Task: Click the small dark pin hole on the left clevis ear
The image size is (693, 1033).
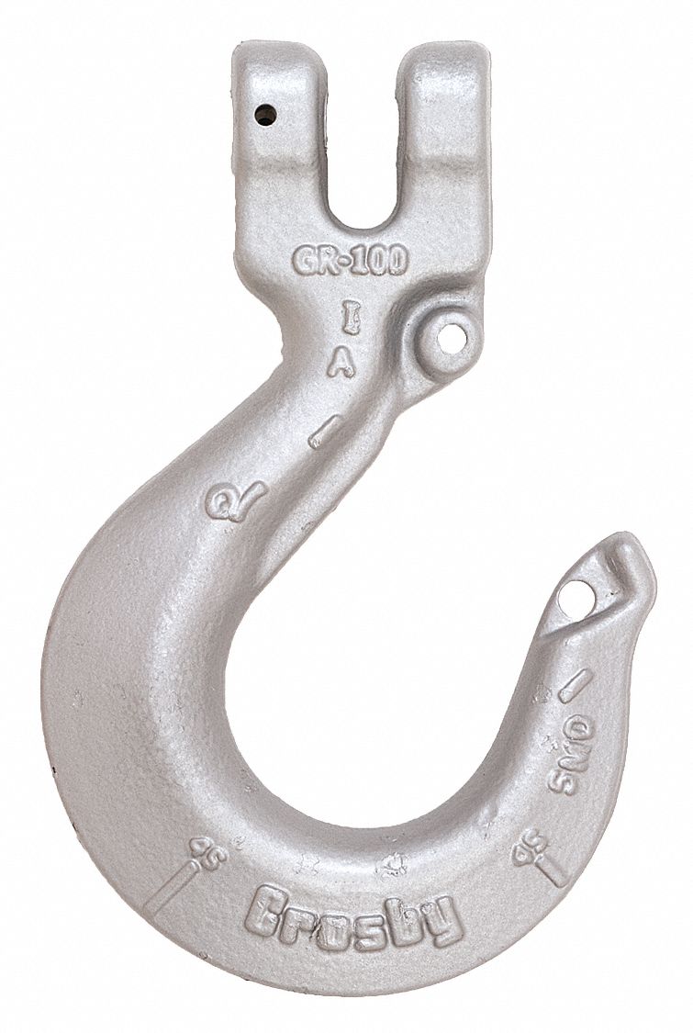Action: point(265,114)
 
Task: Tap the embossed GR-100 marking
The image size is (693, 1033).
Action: point(350,260)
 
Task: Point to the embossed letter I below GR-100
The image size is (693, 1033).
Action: point(349,319)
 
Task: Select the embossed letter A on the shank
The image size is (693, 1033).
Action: point(342,363)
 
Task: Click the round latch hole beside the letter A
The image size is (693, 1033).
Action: point(449,337)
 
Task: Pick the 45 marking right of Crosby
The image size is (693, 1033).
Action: point(530,847)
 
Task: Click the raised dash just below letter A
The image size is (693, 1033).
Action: point(326,431)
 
